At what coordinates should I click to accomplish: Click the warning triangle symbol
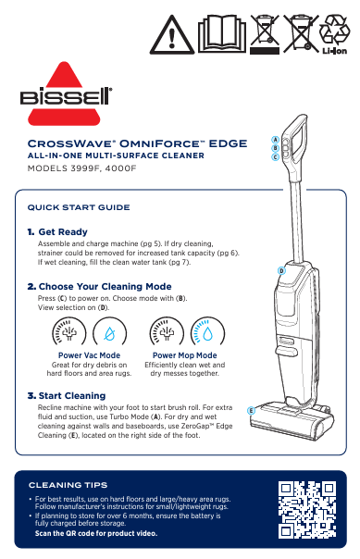tap(172, 36)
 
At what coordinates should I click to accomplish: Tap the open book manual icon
tap(222, 34)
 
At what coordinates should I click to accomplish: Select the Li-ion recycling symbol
tap(335, 35)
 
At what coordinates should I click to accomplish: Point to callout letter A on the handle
tap(275, 140)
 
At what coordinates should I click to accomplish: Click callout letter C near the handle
tap(275, 156)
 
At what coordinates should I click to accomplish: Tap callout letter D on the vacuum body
tap(281, 270)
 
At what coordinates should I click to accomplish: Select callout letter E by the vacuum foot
tap(251, 411)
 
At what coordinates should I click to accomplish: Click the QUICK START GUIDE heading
tap(79, 207)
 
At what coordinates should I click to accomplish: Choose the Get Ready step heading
tap(57, 232)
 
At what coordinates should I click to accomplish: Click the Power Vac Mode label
tap(89, 355)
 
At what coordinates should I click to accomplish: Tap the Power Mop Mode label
tap(185, 355)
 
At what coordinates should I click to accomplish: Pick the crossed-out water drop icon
tap(109, 334)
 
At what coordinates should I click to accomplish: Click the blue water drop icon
tap(207, 334)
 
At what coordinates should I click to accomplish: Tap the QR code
tap(307, 510)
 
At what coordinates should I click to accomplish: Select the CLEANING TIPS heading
tap(68, 485)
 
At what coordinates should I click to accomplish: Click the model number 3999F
tap(84, 168)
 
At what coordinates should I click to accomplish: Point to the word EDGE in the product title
tap(228, 143)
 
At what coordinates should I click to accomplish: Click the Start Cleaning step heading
tap(67, 396)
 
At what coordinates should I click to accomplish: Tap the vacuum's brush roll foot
tap(292, 421)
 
